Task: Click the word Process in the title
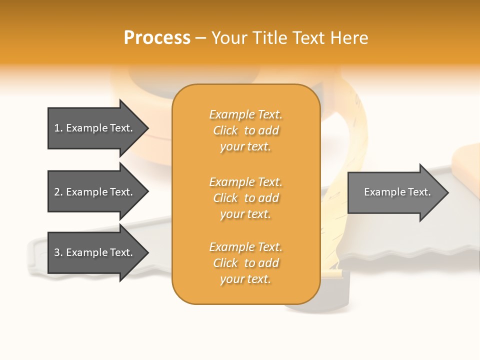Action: click(157, 38)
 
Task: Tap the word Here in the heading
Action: click(349, 38)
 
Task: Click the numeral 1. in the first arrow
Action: click(58, 128)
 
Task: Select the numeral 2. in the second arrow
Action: click(58, 192)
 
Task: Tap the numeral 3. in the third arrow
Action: click(58, 252)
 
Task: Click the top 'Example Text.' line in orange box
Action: click(245, 114)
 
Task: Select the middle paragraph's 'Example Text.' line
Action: click(245, 181)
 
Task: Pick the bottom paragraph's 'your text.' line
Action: click(245, 279)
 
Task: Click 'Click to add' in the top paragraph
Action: click(245, 130)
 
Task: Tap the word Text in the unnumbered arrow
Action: click(419, 192)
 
